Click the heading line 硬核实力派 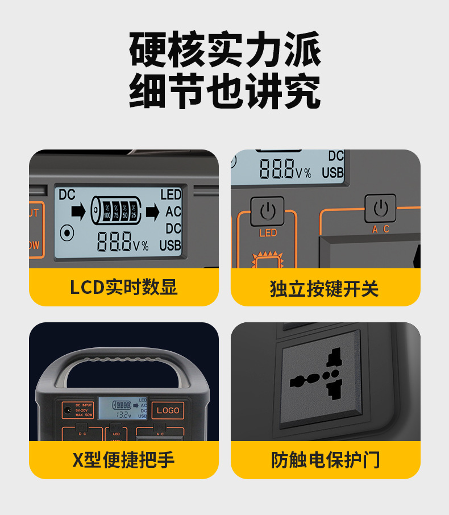pos(225,50)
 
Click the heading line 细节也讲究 pos(225,91)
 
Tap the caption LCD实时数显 pos(124,287)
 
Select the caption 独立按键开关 pos(325,288)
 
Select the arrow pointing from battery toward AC pos(152,212)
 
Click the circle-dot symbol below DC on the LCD pos(68,232)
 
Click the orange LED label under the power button pos(268,232)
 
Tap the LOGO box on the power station pos(168,410)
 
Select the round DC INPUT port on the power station pos(68,409)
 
